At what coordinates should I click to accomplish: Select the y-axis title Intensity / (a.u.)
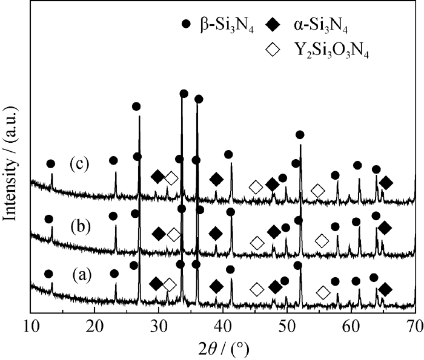[11, 163]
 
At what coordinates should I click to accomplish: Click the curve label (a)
[82, 274]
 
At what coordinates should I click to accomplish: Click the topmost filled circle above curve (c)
[184, 94]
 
